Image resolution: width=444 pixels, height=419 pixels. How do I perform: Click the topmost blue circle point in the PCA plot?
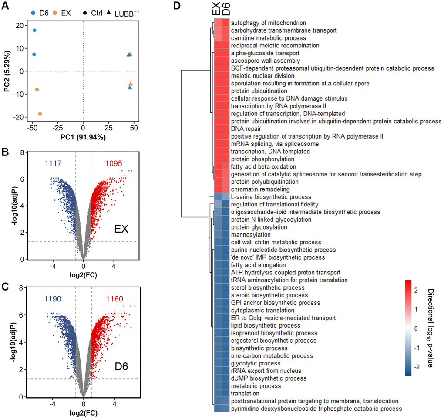click(x=34, y=30)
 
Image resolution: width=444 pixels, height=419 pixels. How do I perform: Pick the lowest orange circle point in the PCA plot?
click(x=40, y=114)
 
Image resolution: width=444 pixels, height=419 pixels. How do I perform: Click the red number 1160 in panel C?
click(x=114, y=299)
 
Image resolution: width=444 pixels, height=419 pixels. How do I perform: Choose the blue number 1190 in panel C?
click(x=52, y=299)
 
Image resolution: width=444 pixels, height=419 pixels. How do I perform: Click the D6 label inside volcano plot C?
click(x=121, y=363)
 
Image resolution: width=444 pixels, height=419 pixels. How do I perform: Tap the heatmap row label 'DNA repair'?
click(x=246, y=129)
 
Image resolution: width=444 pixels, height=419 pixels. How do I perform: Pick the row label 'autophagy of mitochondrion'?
click(x=268, y=23)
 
